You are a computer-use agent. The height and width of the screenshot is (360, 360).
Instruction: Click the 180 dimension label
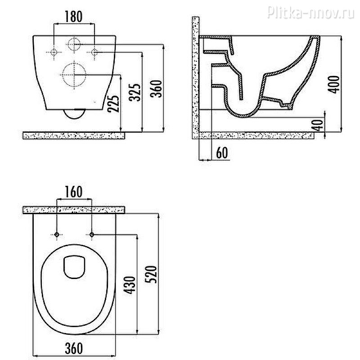(x=73, y=17)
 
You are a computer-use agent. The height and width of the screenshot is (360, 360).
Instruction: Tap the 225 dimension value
(x=114, y=103)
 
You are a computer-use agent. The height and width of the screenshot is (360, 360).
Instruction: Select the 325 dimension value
(x=135, y=92)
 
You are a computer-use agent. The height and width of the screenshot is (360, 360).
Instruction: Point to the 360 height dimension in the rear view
(x=156, y=89)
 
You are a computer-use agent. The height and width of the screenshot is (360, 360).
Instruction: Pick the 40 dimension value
(x=318, y=125)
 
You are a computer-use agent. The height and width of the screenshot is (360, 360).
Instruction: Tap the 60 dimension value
(x=222, y=153)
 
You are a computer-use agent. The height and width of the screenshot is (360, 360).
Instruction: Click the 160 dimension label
(x=73, y=192)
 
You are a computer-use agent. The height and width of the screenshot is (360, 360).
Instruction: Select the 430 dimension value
(x=130, y=285)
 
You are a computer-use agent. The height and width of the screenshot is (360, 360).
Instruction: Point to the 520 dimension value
(x=151, y=274)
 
